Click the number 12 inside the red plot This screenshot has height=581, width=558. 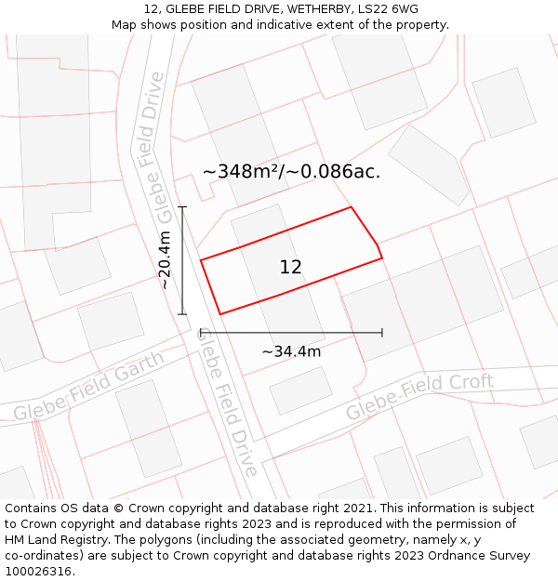(290, 267)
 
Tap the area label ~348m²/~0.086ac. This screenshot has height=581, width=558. (291, 172)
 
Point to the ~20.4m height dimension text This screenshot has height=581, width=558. (165, 260)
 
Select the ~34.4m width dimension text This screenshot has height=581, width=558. (291, 351)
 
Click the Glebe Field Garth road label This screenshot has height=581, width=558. (89, 386)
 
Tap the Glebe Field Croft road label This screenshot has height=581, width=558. (419, 396)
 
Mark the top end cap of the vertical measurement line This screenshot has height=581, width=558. (182, 207)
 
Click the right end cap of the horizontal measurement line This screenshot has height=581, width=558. (381, 332)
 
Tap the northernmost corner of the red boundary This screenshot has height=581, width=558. (351, 207)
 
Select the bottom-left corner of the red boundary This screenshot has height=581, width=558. (219, 314)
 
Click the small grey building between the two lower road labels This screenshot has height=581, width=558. (300, 390)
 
